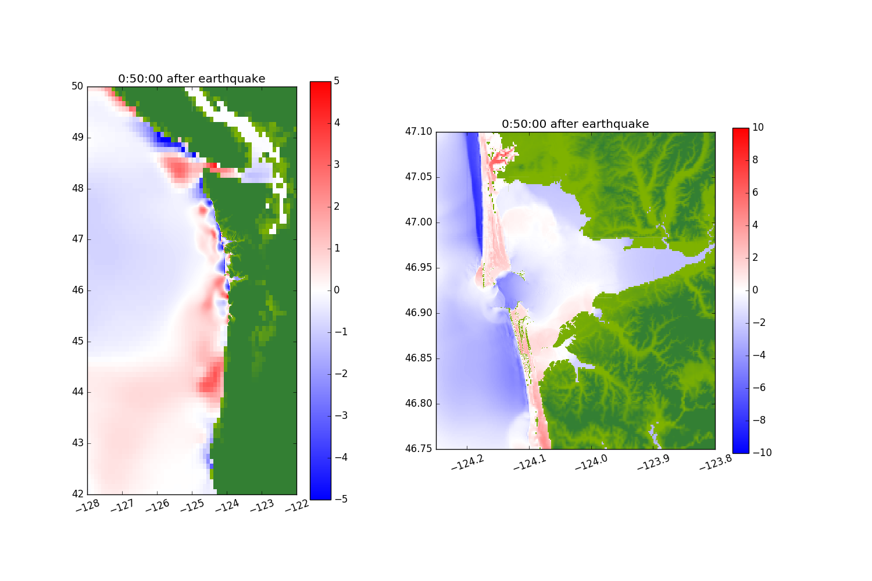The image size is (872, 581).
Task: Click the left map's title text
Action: (191, 79)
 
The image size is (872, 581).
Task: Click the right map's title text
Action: (575, 124)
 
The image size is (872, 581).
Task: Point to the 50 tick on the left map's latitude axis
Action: (77, 87)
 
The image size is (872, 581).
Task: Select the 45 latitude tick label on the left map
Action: (77, 341)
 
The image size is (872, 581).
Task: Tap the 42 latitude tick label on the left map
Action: (77, 494)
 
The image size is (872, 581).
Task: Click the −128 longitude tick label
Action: (88, 507)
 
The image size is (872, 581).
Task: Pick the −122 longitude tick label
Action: (297, 507)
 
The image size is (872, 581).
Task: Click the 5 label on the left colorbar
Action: (337, 81)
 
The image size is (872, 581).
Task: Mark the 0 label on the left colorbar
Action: (337, 290)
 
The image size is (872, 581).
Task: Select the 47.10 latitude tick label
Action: (419, 132)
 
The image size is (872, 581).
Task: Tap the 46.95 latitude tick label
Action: (419, 268)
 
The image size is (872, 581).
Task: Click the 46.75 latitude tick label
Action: (419, 449)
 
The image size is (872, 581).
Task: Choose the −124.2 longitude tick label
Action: (467, 461)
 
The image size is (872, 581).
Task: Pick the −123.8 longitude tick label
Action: (716, 461)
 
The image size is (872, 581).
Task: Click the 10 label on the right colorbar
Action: (758, 128)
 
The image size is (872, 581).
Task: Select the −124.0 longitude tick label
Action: (591, 461)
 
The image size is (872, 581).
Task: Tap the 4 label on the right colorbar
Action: (756, 225)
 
